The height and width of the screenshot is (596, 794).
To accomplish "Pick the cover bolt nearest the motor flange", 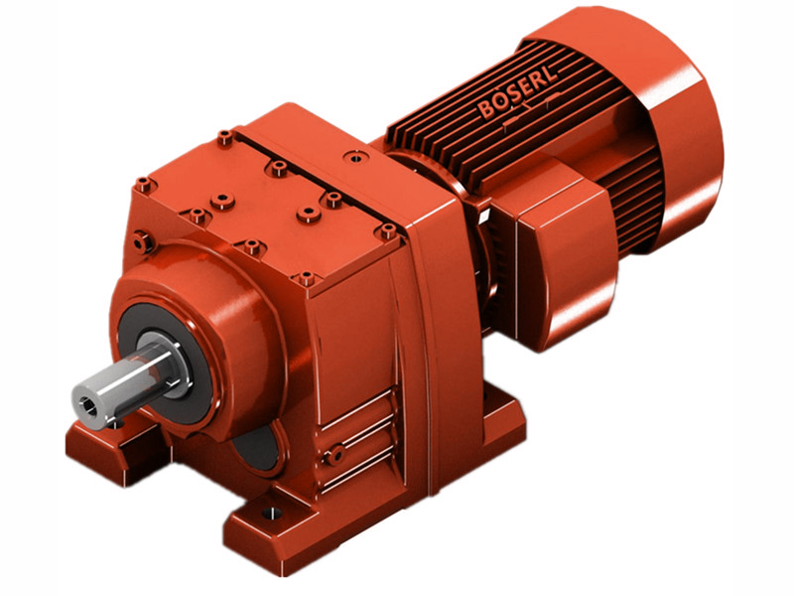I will click(x=387, y=230).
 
